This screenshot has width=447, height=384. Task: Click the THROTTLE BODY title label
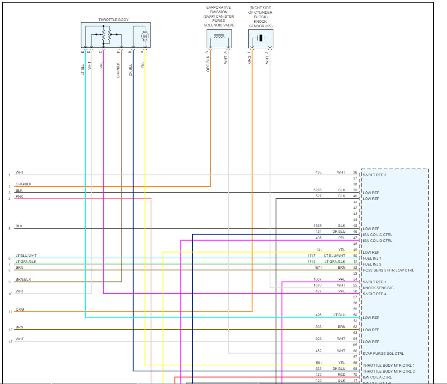click(x=113, y=20)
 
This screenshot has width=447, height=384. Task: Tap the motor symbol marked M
click(x=145, y=36)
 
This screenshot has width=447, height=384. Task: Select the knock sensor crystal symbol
click(x=261, y=38)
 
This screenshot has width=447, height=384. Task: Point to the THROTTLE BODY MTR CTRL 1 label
click(x=389, y=365)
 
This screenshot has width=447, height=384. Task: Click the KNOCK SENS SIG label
click(x=378, y=288)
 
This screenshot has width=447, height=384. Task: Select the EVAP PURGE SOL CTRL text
click(x=383, y=353)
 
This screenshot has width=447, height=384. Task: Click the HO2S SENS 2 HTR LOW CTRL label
click(x=388, y=270)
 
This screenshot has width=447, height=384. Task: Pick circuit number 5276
click(x=318, y=190)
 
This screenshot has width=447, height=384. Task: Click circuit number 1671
click(x=318, y=267)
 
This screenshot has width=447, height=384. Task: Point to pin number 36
click(x=355, y=173)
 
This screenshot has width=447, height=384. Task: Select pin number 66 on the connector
click(x=355, y=351)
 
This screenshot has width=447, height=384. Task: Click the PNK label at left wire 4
click(x=19, y=196)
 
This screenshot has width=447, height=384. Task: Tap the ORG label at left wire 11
click(x=19, y=309)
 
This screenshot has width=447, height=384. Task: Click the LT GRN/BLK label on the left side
click(x=26, y=261)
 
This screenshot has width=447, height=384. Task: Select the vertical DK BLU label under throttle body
click(x=131, y=67)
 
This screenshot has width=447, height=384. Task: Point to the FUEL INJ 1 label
click(x=372, y=258)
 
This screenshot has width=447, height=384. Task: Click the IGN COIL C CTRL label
click(x=377, y=235)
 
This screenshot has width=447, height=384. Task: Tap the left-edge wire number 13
click(x=9, y=342)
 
